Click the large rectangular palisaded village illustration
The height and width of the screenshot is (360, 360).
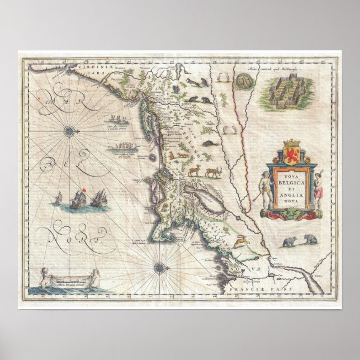[288, 89]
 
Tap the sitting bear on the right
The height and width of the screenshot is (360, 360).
[308, 241]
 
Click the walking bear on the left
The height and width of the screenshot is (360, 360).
[289, 242]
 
